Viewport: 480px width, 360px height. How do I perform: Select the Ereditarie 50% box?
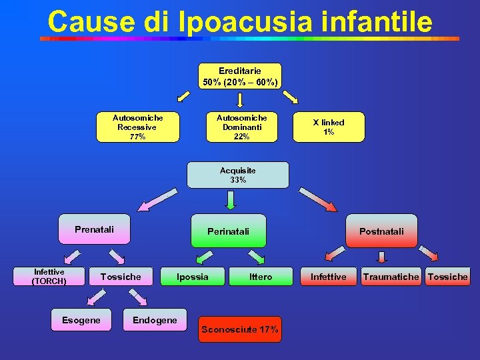(x=240, y=76)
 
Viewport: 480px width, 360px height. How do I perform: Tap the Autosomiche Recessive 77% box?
(x=138, y=127)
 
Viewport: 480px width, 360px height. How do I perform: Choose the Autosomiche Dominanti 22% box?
(x=241, y=127)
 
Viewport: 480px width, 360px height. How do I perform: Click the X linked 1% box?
(x=329, y=127)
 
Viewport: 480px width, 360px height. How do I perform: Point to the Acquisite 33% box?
(x=238, y=175)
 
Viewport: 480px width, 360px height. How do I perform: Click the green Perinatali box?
(x=228, y=231)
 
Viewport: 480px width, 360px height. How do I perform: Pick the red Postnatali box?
(x=381, y=231)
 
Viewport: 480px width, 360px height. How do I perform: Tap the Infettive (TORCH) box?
(x=49, y=276)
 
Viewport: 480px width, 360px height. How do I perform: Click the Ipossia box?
(x=192, y=277)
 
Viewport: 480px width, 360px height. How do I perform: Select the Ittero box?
(x=261, y=277)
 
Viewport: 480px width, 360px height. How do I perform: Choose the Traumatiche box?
(x=391, y=277)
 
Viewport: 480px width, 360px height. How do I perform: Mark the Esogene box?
(x=81, y=320)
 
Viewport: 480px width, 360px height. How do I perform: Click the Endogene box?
(x=155, y=320)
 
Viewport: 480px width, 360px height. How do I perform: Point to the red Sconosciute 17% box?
(x=240, y=329)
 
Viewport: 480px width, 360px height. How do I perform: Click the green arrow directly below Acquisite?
(x=231, y=200)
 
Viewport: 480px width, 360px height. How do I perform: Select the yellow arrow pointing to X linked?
(x=291, y=97)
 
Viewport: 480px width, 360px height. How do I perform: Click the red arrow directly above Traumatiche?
(x=381, y=257)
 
